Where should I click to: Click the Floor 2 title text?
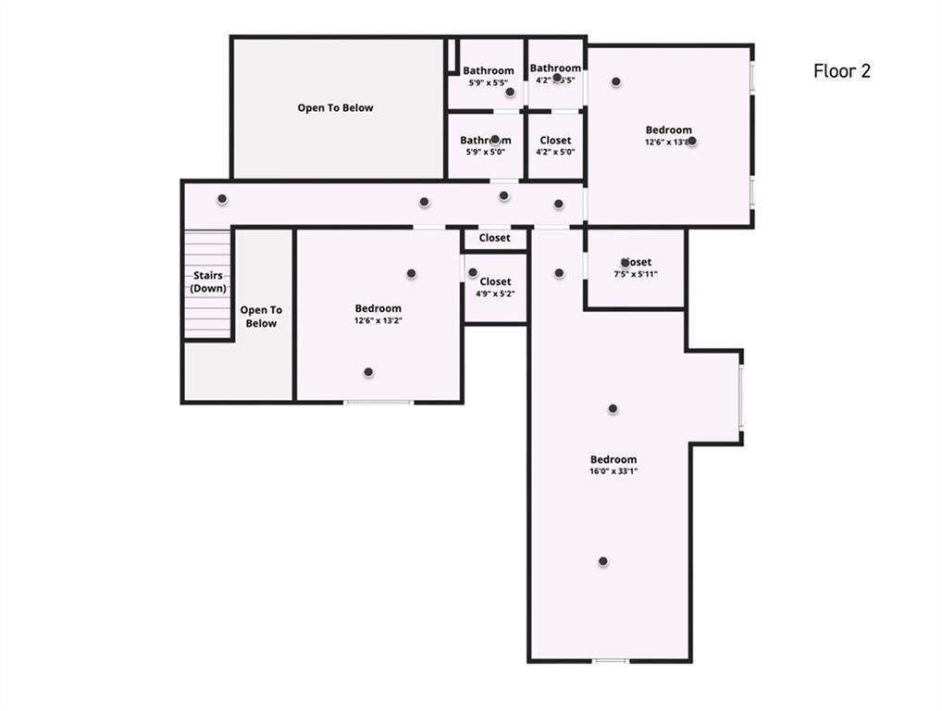[841, 71]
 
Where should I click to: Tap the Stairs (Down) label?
[208, 281]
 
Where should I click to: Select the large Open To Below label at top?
[335, 107]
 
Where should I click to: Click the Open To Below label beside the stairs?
[261, 317]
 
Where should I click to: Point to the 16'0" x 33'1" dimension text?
[614, 471]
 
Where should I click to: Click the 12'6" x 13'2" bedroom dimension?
[378, 320]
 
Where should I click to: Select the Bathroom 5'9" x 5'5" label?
[488, 71]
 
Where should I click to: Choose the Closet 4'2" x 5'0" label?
[555, 141]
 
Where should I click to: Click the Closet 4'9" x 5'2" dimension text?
[495, 293]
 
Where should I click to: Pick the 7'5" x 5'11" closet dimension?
[635, 274]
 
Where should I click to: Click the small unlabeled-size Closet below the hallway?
[494, 238]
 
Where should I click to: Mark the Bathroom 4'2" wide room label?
[555, 69]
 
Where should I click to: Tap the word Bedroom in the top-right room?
[668, 131]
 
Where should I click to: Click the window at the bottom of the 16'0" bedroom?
[610, 660]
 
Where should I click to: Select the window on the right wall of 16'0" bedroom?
[740, 397]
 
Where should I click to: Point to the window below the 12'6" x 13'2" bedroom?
[378, 402]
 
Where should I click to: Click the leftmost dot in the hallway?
[222, 199]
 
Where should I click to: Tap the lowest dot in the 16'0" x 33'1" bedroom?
[602, 561]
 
